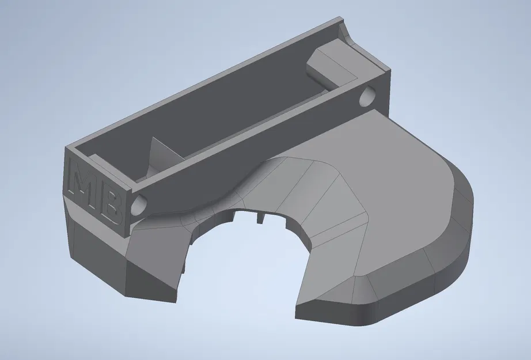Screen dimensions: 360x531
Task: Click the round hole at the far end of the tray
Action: point(366,96)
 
